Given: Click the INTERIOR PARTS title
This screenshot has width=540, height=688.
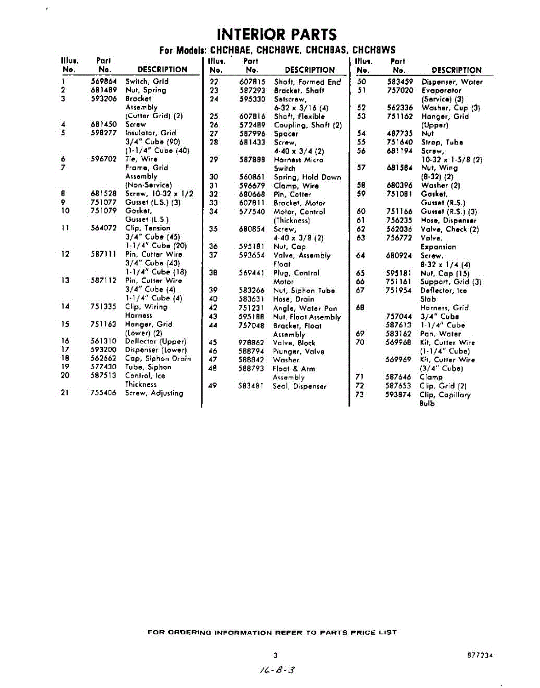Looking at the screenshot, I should point(277,34).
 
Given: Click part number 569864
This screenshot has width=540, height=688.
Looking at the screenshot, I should point(103,81).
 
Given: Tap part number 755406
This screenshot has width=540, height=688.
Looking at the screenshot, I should point(104,393).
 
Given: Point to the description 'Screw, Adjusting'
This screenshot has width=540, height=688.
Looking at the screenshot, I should point(154,393).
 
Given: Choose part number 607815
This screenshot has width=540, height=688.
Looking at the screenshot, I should point(252,82).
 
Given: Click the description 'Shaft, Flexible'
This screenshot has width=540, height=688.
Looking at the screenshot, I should point(299,116).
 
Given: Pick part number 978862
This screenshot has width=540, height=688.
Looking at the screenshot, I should point(252,343).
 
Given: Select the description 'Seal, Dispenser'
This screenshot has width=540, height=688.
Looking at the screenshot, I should point(300,386).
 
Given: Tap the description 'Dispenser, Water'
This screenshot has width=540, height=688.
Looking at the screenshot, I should point(452,82).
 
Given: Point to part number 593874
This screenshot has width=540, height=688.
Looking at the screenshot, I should point(399,395).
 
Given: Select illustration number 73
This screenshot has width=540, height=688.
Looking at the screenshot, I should point(360,395).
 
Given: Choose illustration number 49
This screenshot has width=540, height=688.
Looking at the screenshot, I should point(212,386).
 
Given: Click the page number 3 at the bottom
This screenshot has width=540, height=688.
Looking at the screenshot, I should point(275,655).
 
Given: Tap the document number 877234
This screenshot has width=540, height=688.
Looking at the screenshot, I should point(480,655).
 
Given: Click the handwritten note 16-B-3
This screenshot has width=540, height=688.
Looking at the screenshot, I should point(278,669).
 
